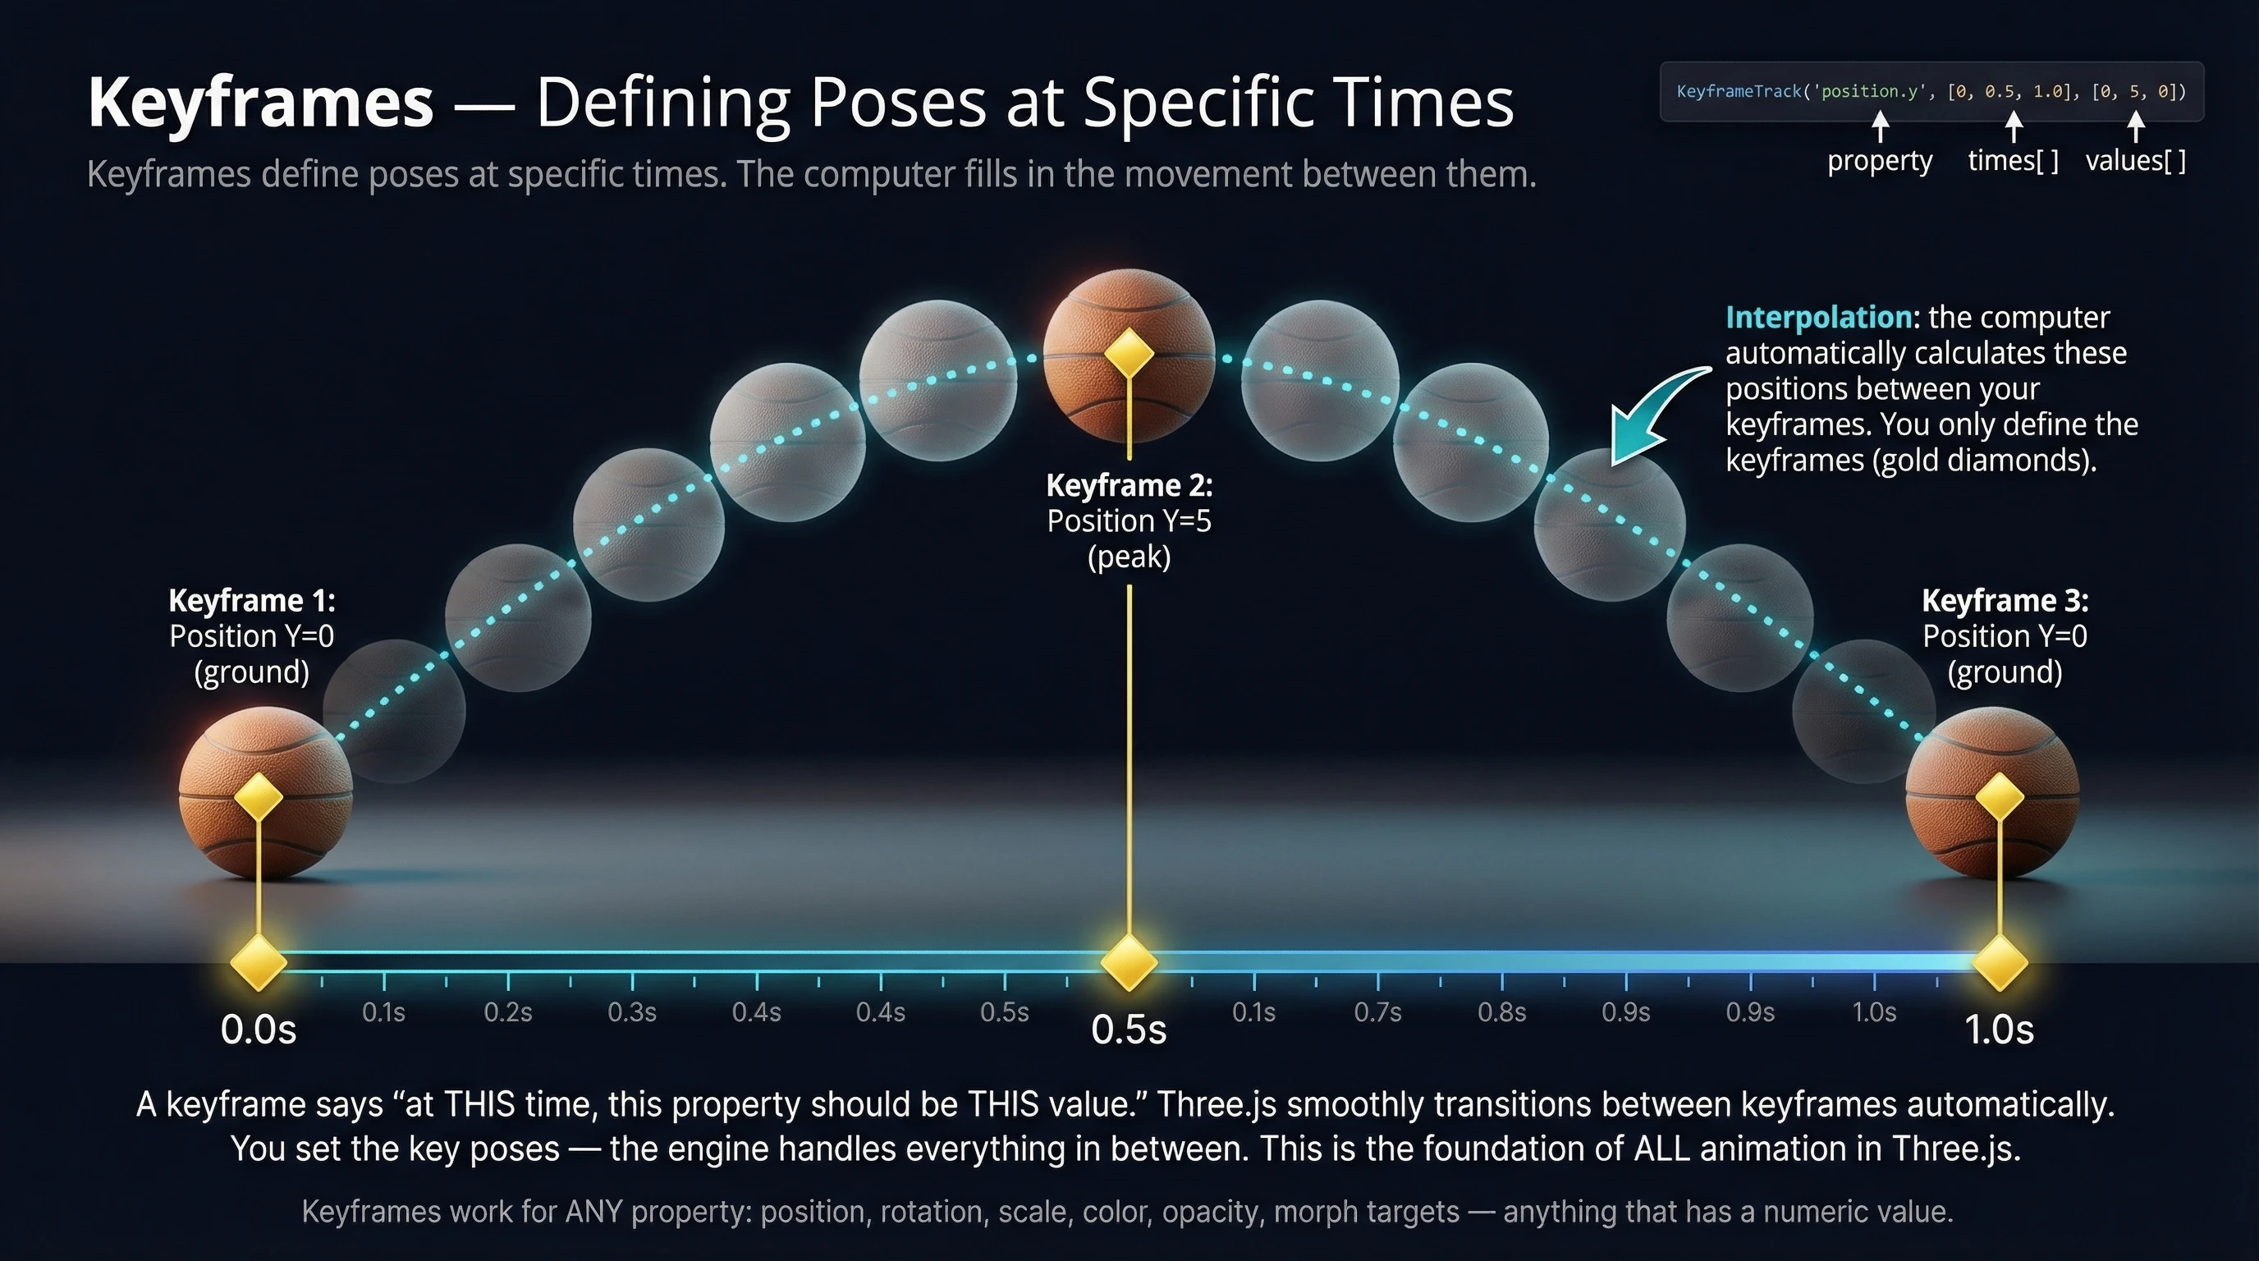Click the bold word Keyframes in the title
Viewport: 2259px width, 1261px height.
click(260, 103)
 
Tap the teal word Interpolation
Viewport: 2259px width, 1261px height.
click(1820, 318)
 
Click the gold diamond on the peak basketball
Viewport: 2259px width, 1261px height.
click(1129, 353)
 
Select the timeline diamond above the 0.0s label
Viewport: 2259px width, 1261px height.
click(259, 962)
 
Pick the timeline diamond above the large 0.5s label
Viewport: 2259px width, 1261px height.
click(1129, 962)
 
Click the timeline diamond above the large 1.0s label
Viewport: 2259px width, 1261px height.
click(2000, 962)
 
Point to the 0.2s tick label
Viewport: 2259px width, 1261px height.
click(508, 1013)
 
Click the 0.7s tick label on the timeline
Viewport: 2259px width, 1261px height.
click(1377, 1013)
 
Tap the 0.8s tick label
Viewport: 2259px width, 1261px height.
click(1501, 1013)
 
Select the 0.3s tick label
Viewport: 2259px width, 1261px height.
click(631, 1013)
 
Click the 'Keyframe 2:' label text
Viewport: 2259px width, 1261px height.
click(1129, 485)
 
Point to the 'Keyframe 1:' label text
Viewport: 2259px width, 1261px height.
click(252, 601)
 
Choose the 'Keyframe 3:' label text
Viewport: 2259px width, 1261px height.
click(2005, 601)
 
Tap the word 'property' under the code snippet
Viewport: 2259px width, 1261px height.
click(1879, 162)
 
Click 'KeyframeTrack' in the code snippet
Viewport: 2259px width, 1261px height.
click(1738, 91)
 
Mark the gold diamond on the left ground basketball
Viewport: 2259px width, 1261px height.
click(259, 797)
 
